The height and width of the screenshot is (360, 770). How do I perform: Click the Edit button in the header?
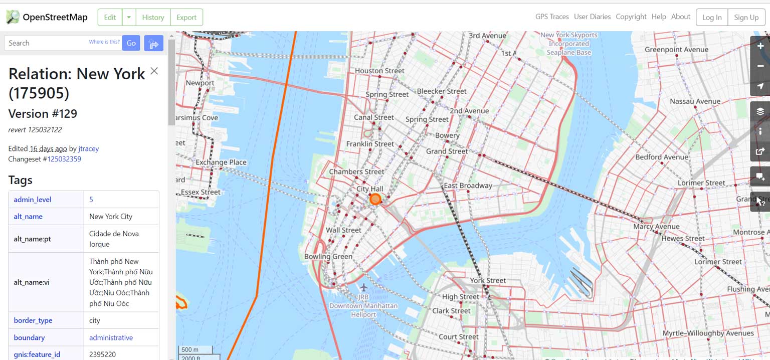pyautogui.click(x=110, y=17)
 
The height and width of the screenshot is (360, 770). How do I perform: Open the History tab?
pyautogui.click(x=153, y=17)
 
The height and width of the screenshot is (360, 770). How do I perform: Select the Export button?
pyautogui.click(x=186, y=17)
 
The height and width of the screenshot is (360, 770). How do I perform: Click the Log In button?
pyautogui.click(x=711, y=17)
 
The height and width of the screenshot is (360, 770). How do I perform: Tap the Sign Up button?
pyautogui.click(x=746, y=17)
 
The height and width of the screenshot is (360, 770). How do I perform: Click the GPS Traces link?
pyautogui.click(x=552, y=17)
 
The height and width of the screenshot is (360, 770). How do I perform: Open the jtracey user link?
pyautogui.click(x=89, y=148)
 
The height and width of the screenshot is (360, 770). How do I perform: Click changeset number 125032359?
pyautogui.click(x=64, y=159)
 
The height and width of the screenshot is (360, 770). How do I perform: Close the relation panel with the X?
pyautogui.click(x=154, y=71)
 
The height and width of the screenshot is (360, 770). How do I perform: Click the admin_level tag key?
pyautogui.click(x=33, y=200)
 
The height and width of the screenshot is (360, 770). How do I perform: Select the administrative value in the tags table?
pyautogui.click(x=111, y=337)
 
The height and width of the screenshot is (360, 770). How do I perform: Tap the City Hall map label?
pyautogui.click(x=370, y=189)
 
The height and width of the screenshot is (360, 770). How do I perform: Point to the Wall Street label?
pyautogui.click(x=343, y=230)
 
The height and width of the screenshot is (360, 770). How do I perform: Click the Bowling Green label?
pyautogui.click(x=328, y=257)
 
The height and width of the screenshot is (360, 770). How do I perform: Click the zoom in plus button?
pyautogui.click(x=760, y=46)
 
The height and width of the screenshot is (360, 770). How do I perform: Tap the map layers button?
pyautogui.click(x=760, y=111)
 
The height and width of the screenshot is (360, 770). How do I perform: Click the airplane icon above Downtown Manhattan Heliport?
pyautogui.click(x=363, y=287)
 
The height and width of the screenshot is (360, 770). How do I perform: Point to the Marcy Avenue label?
pyautogui.click(x=656, y=227)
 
